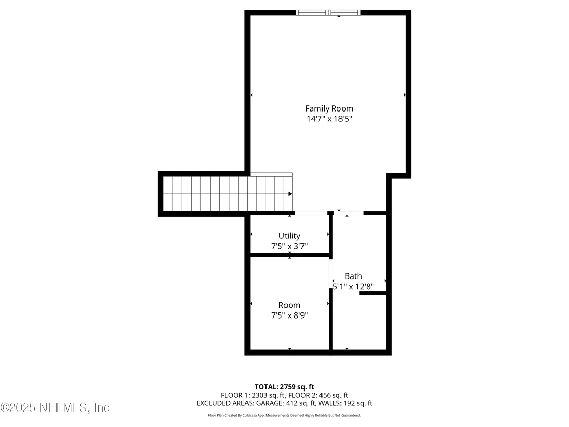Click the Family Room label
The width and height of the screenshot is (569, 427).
[x=329, y=108]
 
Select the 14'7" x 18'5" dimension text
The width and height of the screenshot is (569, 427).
[x=329, y=119]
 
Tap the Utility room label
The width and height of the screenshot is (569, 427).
[x=290, y=236]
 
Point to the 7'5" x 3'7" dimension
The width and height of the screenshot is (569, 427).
[x=290, y=246]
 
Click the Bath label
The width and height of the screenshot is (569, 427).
[x=353, y=276]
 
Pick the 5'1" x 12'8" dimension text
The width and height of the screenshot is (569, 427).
[x=353, y=287]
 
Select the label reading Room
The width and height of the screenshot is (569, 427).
[x=290, y=305]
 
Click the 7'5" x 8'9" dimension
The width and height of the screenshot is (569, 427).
[x=290, y=315]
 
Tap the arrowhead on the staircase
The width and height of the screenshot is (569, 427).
[x=290, y=194]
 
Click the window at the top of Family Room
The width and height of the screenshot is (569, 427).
[x=328, y=13]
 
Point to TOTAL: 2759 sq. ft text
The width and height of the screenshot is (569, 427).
[x=284, y=387]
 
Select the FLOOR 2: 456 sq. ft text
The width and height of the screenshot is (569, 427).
[x=318, y=395]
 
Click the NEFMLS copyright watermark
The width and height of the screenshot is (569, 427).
[x=55, y=407]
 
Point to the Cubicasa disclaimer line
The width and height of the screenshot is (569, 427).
[x=284, y=415]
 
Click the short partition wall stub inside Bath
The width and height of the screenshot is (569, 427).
[x=373, y=293]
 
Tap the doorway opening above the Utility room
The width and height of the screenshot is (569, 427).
[x=311, y=213]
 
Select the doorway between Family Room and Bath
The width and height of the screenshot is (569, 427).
[x=349, y=213]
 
